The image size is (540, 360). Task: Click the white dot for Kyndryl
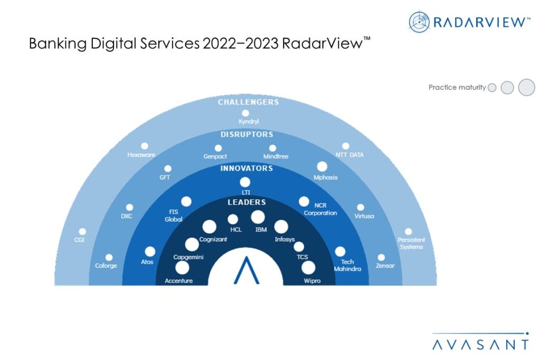[245, 113]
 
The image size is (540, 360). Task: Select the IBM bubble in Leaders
[258, 217]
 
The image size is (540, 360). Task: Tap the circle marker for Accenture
[182, 268]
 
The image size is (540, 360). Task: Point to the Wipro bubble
[308, 268]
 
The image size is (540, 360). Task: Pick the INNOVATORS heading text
[246, 168]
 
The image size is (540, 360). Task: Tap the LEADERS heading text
[246, 202]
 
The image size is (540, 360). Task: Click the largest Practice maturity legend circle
[526, 87]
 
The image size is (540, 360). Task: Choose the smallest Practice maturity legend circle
[492, 88]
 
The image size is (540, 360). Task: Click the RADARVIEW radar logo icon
[420, 22]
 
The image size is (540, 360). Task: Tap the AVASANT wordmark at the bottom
[480, 345]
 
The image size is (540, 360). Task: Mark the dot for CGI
[82, 231]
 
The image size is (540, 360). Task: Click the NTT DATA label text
[349, 155]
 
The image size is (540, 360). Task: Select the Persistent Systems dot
[408, 231]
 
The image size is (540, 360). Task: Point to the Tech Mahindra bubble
[340, 252]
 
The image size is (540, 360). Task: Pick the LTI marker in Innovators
[245, 182]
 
